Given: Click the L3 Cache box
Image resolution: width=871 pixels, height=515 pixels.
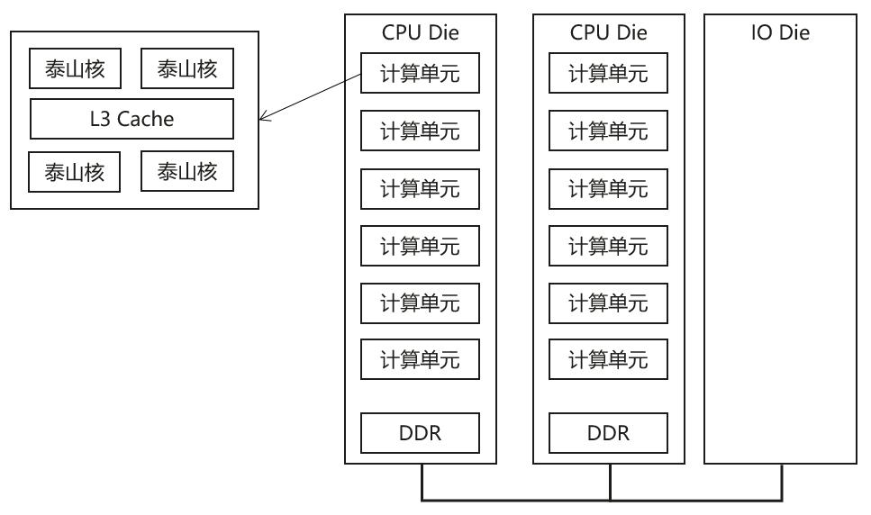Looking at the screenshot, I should point(132,119).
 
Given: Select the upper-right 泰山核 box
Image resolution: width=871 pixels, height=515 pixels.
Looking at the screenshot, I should point(187,68).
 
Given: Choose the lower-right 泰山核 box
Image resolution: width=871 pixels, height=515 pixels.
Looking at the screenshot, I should point(187,171).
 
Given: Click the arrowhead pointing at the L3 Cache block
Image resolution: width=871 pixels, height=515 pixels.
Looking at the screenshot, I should point(263,119).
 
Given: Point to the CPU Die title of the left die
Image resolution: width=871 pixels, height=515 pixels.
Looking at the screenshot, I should point(420,34).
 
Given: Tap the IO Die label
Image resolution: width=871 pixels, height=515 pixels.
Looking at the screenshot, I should point(780,34).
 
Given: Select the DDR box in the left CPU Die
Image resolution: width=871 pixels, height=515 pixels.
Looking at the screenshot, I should point(420,434).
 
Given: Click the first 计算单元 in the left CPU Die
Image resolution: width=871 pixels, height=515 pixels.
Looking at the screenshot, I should point(420,74).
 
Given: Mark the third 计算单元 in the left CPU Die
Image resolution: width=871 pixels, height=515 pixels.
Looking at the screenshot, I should point(420,188).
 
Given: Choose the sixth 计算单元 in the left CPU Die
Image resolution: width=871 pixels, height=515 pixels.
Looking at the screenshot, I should point(420,360).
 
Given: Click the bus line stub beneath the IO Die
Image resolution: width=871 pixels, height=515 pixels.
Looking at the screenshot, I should point(781,482).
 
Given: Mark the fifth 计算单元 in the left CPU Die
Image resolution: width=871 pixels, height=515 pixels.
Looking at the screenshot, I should point(420,303).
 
